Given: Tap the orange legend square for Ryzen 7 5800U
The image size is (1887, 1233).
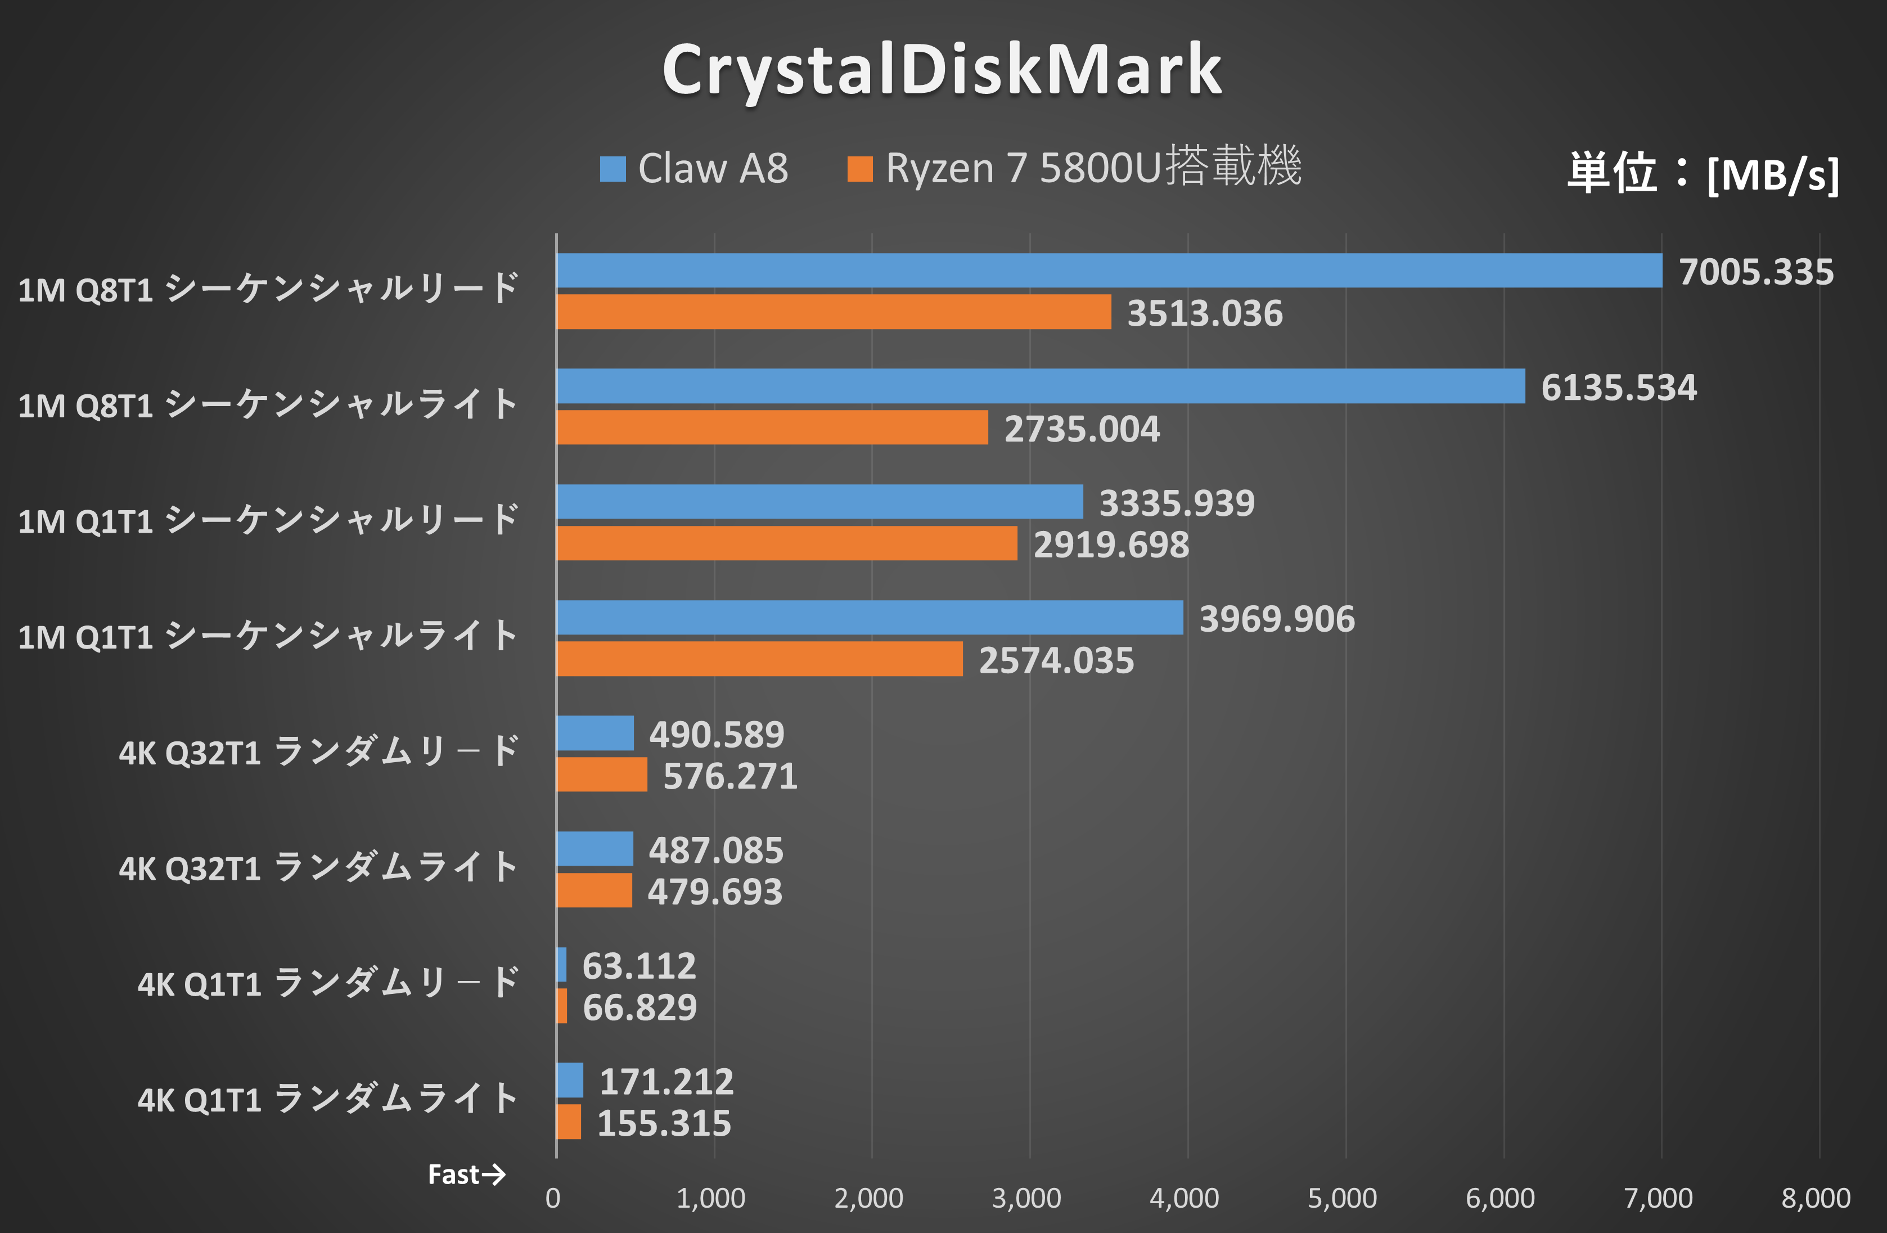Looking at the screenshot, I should click(x=859, y=169).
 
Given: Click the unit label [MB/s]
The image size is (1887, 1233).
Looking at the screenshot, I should click(x=1773, y=174).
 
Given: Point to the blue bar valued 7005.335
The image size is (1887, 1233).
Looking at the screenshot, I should click(x=1109, y=271).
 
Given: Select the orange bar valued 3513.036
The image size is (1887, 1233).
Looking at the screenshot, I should click(x=834, y=312).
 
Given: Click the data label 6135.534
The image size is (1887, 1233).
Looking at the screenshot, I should click(x=1618, y=388).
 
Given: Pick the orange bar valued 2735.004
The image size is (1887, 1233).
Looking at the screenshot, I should click(x=772, y=427).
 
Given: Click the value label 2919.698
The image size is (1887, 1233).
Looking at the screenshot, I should click(x=1111, y=544).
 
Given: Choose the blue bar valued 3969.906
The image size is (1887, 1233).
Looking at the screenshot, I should click(x=869, y=618).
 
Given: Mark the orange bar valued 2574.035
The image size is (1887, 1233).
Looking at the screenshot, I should click(x=759, y=659).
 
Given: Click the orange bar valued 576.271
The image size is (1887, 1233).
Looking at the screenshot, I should click(x=602, y=775).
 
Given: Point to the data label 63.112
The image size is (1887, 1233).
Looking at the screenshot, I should click(x=639, y=966).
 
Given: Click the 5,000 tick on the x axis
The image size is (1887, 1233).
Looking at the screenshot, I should click(x=1343, y=1198).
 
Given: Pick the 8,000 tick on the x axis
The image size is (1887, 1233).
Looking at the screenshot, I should click(x=1816, y=1198).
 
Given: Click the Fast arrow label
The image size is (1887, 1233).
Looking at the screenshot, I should click(x=466, y=1174).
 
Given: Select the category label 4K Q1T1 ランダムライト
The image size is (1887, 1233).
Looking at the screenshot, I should click(x=327, y=1100).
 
